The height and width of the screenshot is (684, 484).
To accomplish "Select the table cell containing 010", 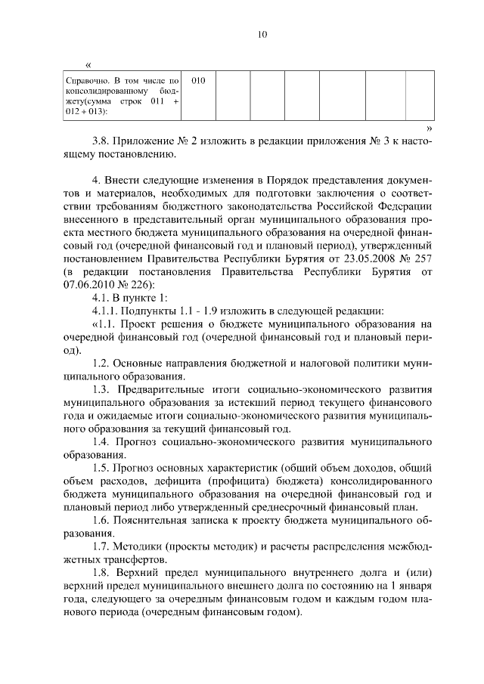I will (199, 79).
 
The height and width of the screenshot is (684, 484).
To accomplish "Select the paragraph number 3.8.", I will (101, 141).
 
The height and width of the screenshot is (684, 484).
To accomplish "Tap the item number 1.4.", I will (101, 441).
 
